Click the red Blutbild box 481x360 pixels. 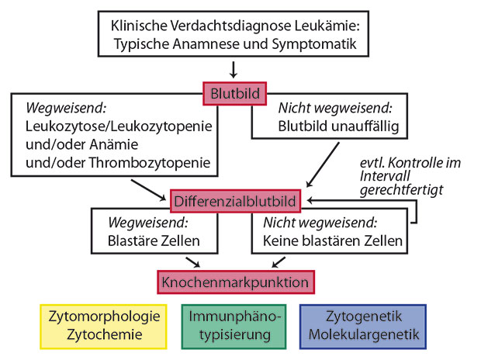[234, 94]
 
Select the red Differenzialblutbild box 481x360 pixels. [235, 201]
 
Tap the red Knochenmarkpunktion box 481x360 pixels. [236, 282]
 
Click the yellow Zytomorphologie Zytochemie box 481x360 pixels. [103, 327]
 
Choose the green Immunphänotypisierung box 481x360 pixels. [234, 327]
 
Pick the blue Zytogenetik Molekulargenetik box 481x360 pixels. [363, 327]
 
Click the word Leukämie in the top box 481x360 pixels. [327, 26]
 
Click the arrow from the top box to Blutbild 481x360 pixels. [234, 70]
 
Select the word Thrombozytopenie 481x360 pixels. [150, 163]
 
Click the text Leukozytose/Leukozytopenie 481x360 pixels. [119, 126]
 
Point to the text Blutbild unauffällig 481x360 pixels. [338, 126]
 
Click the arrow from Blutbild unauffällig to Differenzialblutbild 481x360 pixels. [323, 164]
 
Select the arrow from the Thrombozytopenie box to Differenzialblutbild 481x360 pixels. [148, 190]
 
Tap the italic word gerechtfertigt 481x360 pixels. [401, 189]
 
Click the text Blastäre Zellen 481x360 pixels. [154, 241]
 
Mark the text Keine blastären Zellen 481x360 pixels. [333, 241]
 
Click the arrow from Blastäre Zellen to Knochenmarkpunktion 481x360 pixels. [192, 262]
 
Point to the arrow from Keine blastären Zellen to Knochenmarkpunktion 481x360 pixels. [279, 262]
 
